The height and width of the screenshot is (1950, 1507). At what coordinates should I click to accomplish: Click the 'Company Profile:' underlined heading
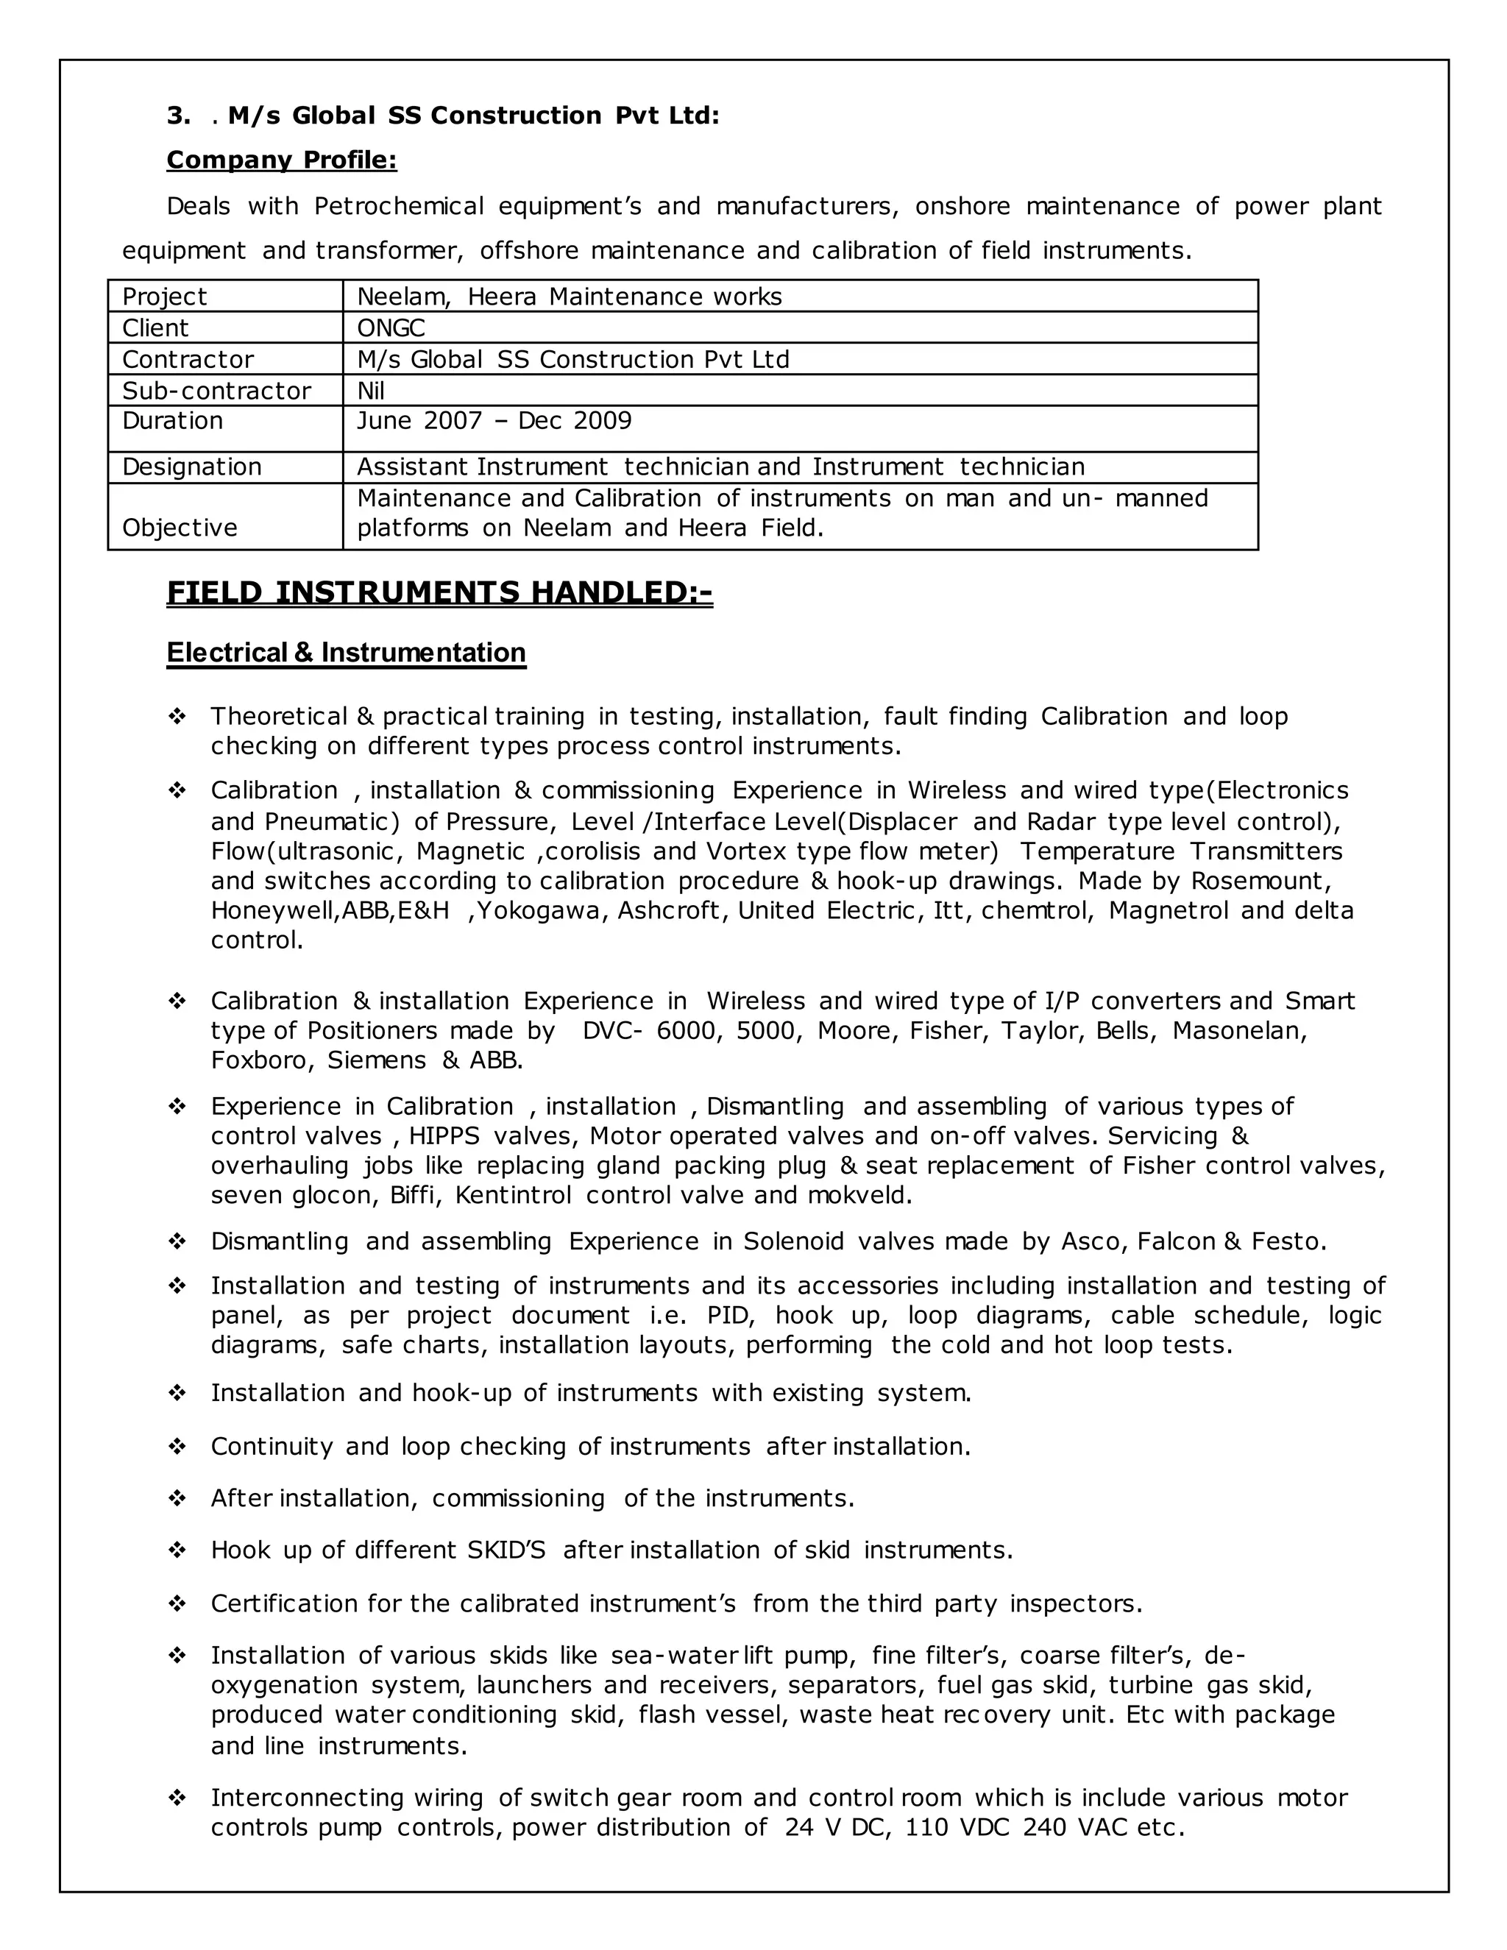281,160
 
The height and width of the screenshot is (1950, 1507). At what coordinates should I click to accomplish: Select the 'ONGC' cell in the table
391,327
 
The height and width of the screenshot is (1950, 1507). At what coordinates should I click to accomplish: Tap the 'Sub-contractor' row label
216,390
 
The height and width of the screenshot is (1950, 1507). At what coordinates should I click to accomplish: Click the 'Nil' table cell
371,390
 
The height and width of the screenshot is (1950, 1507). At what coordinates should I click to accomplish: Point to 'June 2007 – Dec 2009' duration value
494,420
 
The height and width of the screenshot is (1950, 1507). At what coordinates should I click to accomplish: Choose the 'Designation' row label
191,467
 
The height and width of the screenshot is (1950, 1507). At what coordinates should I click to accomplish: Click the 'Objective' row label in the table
180,528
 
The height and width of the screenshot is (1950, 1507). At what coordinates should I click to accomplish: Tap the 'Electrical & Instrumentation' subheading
346,653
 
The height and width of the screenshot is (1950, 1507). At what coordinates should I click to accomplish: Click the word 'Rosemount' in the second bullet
1260,882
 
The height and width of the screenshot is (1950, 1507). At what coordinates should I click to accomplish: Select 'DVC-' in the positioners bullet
612,1030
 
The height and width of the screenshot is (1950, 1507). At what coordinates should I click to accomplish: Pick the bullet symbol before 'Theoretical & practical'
177,716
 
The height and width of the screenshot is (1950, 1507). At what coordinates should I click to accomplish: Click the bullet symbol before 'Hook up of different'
177,1550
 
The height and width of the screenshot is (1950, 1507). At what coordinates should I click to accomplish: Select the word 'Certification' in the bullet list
285,1603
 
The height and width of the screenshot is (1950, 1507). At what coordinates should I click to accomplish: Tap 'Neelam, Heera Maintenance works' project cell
569,297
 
